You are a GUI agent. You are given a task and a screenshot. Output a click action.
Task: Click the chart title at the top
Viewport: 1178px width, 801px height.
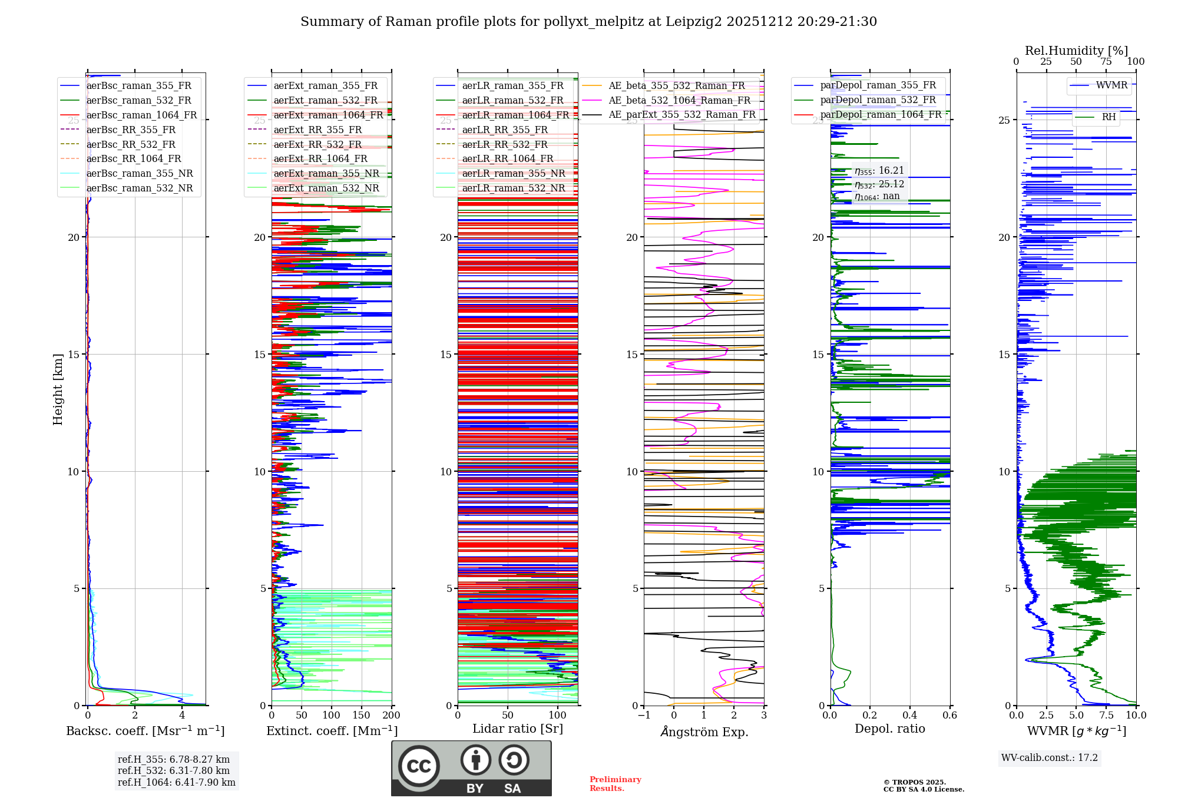pyautogui.click(x=588, y=22)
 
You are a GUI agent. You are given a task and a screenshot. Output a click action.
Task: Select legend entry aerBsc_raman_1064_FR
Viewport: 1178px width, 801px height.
pyautogui.click(x=141, y=115)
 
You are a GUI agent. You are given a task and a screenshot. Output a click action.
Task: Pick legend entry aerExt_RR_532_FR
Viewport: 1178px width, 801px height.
pyautogui.click(x=317, y=145)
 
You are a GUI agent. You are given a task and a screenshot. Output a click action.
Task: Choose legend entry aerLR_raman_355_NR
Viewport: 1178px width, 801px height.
pyautogui.click(x=513, y=174)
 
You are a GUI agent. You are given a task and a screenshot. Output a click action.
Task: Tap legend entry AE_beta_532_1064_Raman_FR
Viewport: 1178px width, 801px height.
pyautogui.click(x=679, y=101)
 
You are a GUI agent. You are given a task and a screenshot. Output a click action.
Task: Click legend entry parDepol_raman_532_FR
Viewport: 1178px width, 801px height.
pyautogui.click(x=878, y=100)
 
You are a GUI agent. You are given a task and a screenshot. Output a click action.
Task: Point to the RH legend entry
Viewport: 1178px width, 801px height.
pyautogui.click(x=1108, y=117)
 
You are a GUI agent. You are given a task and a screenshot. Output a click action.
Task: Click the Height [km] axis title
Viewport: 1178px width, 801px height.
pyautogui.click(x=58, y=389)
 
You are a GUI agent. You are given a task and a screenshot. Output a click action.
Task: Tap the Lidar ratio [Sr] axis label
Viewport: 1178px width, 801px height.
pyautogui.click(x=518, y=729)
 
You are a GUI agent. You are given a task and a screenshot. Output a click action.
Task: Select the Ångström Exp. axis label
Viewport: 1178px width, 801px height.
pyautogui.click(x=704, y=732)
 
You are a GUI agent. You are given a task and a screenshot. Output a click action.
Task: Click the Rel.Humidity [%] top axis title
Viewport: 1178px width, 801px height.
pyautogui.click(x=1076, y=51)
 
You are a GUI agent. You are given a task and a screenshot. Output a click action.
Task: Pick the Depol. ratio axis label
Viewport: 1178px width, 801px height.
pyautogui.click(x=889, y=729)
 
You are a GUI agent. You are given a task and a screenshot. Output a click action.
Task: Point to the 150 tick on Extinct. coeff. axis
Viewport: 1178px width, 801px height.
pyautogui.click(x=361, y=716)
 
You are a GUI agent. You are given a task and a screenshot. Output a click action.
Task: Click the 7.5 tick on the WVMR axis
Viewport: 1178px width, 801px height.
pyautogui.click(x=1106, y=716)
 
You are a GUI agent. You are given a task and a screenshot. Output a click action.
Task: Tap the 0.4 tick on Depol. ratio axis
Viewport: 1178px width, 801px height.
pyautogui.click(x=910, y=716)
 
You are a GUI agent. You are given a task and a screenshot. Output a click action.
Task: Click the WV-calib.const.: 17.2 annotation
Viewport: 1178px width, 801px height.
pyautogui.click(x=1049, y=758)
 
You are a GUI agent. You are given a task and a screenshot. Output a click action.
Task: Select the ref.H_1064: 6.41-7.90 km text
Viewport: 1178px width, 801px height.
pyautogui.click(x=176, y=783)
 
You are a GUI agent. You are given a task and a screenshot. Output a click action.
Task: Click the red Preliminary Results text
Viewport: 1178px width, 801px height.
pyautogui.click(x=615, y=784)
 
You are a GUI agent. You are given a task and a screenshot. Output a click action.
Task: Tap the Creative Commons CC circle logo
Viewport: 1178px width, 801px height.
pyautogui.click(x=419, y=766)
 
